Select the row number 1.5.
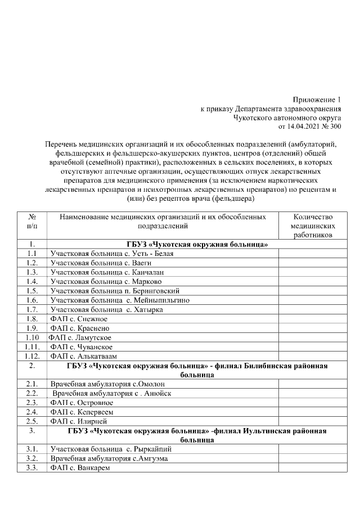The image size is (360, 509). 32,291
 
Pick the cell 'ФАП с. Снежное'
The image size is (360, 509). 79,319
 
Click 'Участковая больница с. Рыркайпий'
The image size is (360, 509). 111,449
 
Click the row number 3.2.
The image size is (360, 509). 32,458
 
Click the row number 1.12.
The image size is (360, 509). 32,356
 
